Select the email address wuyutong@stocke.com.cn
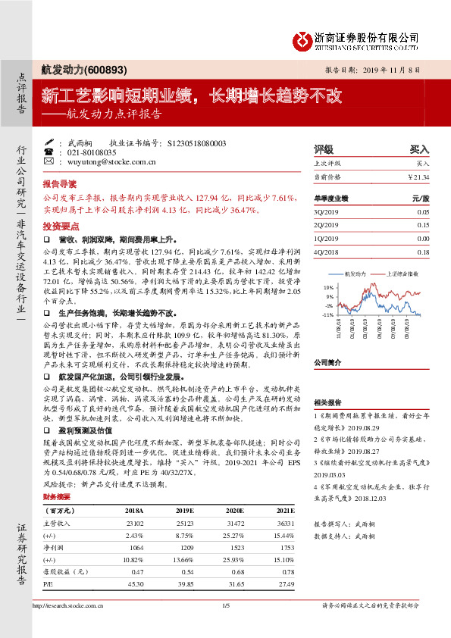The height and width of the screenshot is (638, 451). coord(112,161)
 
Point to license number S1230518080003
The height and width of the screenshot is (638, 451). coord(196,142)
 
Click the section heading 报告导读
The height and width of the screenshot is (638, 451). coord(60,184)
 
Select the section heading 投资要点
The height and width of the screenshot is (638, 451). coord(60,227)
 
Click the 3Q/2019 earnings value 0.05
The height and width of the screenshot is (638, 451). coord(423,213)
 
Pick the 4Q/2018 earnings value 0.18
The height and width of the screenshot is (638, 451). coord(423,252)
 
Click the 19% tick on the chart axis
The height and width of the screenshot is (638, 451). coord(328,288)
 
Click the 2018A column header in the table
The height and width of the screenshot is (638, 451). coord(135,511)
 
